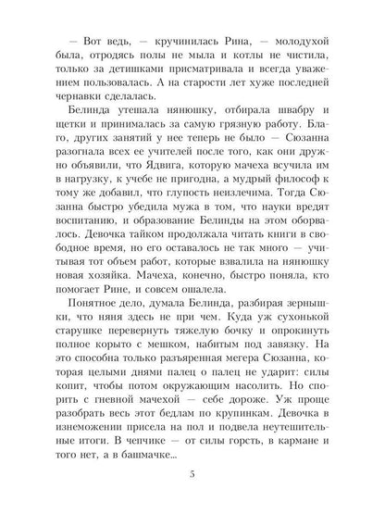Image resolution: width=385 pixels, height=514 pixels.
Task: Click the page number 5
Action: click(192, 476)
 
